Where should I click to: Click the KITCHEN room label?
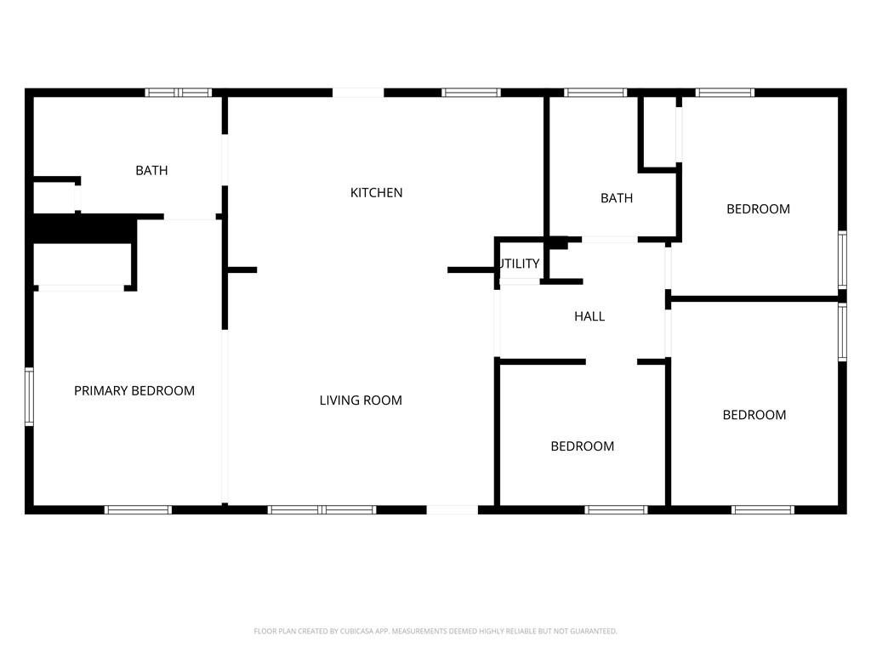(x=376, y=193)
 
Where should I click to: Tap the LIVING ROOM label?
(x=361, y=400)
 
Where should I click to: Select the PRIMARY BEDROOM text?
(x=134, y=391)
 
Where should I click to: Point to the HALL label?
(x=589, y=316)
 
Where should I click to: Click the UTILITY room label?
(x=520, y=264)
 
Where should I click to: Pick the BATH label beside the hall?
(x=617, y=198)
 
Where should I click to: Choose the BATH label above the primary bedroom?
(x=151, y=170)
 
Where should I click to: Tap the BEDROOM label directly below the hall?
(x=582, y=446)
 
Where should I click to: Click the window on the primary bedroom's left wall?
(x=30, y=396)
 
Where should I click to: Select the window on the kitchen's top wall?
(x=471, y=93)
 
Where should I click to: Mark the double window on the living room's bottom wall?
(x=322, y=510)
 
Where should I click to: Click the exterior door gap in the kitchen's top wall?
(x=358, y=93)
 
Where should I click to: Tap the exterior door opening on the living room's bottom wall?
(x=453, y=510)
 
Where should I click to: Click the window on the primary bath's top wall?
(x=179, y=93)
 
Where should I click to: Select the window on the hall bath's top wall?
(x=595, y=93)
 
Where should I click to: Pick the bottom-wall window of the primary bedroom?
(x=139, y=510)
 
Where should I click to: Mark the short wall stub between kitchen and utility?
(x=471, y=270)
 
